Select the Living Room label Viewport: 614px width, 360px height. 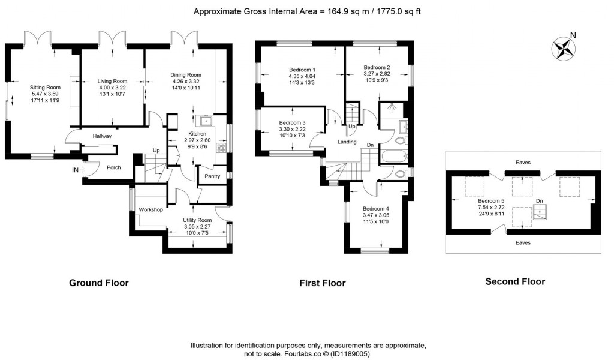113,81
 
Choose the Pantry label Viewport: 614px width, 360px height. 212,176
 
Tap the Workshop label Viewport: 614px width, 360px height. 151,209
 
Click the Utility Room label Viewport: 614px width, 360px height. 197,220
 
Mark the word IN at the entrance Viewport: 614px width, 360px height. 75,170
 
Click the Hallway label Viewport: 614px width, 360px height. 102,136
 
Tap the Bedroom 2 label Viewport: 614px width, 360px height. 377,67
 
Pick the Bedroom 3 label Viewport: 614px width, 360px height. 292,122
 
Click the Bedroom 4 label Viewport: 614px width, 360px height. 375,208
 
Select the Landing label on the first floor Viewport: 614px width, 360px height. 347,142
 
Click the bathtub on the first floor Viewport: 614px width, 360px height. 393,157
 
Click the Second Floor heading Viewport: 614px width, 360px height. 515,281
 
